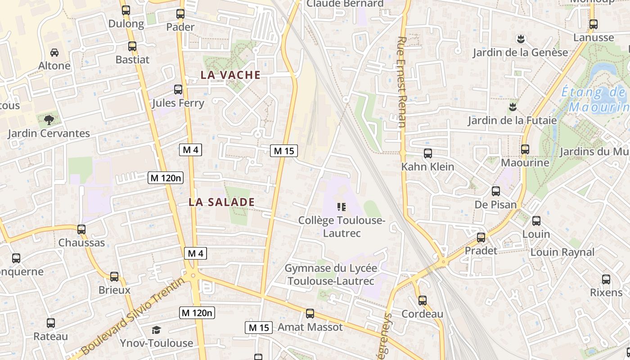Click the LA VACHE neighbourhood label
click(230, 75)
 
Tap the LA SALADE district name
click(221, 202)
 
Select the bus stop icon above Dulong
click(126, 10)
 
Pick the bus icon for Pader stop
click(180, 13)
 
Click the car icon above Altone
click(54, 52)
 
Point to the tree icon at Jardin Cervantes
click(49, 120)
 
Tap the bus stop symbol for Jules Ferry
click(178, 89)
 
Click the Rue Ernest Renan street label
click(402, 82)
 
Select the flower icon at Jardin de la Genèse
click(521, 39)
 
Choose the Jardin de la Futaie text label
click(512, 121)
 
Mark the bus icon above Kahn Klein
click(428, 153)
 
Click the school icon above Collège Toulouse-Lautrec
click(342, 207)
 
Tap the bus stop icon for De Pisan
click(496, 191)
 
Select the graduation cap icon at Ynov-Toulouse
click(156, 330)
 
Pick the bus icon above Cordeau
click(423, 301)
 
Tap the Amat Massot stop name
click(310, 327)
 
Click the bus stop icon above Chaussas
click(81, 229)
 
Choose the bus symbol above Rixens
click(606, 279)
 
